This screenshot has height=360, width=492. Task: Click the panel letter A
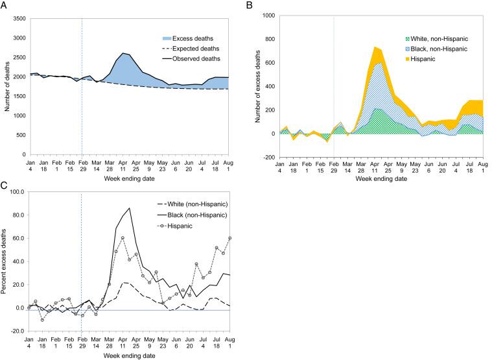pos(5,6)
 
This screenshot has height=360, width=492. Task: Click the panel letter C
pos(5,186)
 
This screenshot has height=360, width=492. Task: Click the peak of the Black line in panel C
pos(130,208)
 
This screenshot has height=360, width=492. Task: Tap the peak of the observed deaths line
pos(123,53)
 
